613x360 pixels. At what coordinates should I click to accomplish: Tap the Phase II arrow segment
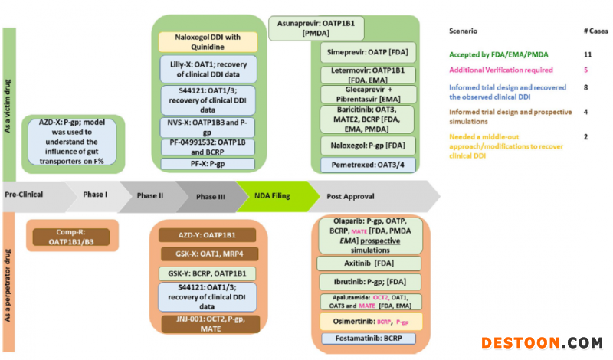tap(150, 195)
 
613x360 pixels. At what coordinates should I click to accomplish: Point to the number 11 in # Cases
tap(588, 55)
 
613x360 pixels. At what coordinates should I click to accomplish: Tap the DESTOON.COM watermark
tap(542, 342)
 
